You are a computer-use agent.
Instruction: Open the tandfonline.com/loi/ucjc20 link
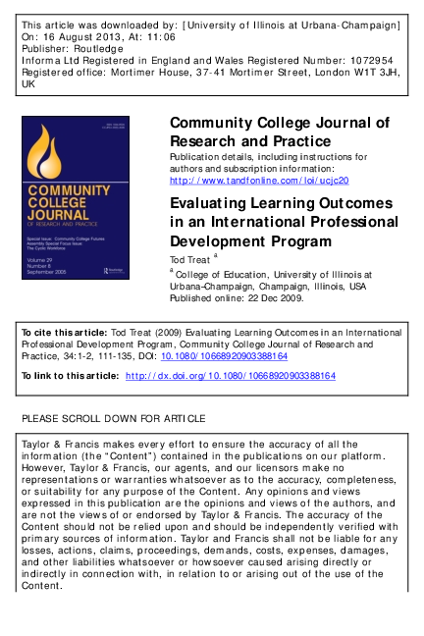(x=259, y=181)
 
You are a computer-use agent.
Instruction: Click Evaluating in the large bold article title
(x=212, y=203)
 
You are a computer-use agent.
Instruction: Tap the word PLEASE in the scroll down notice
(x=42, y=418)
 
